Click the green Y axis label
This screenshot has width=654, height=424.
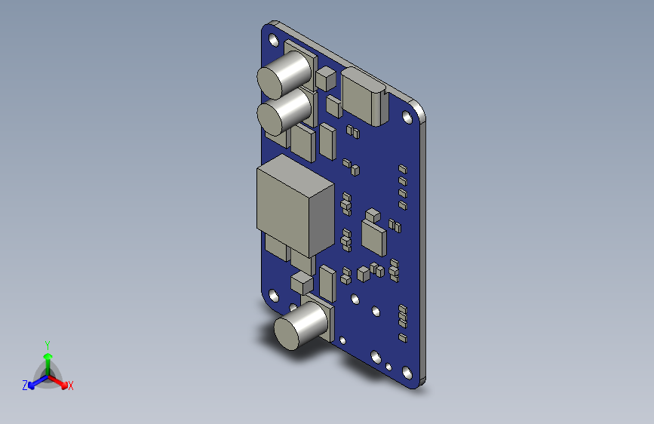pos(48,343)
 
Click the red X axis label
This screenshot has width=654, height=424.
pos(71,386)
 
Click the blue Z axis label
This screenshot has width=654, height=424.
pos(24,386)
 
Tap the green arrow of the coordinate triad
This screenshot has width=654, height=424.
pos(48,358)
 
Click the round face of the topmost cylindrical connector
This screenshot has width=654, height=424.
pos(274,79)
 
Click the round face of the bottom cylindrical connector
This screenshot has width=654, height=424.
pos(288,331)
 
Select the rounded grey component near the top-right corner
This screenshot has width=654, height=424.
pos(364,97)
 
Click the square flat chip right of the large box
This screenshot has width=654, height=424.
pos(374,237)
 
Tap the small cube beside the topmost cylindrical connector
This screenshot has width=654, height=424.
pos(326,78)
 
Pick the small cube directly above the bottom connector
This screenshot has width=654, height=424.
pos(300,284)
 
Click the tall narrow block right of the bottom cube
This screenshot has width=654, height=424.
pos(327,283)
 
